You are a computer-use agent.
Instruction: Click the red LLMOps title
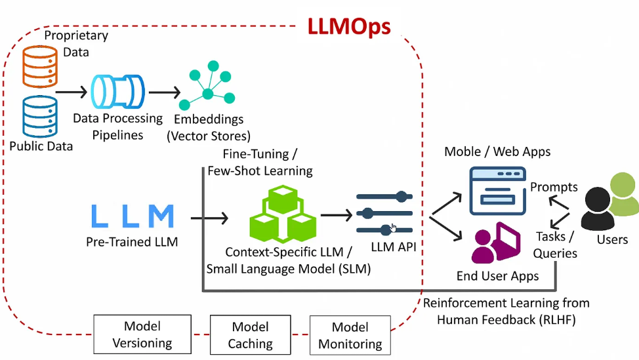coord(349,28)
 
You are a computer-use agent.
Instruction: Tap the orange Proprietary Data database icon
coord(40,66)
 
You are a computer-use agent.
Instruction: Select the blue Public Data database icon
coord(40,117)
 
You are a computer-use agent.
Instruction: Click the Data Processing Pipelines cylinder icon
coord(118,91)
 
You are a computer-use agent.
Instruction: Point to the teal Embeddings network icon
coord(207,85)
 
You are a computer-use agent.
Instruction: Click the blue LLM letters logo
coord(133,216)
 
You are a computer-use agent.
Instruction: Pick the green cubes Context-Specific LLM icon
coord(283,214)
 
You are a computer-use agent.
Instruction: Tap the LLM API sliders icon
coord(384,213)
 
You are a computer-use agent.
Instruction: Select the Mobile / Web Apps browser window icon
coord(497,191)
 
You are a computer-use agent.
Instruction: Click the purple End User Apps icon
coord(496,243)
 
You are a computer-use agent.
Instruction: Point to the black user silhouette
coord(598,209)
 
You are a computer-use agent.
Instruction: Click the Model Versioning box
coord(142,334)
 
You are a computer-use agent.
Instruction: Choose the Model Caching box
coord(250,334)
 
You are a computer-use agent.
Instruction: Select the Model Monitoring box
coord(350,335)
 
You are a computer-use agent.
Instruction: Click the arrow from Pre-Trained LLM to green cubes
coord(209,218)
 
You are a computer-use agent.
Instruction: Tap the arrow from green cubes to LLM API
coord(337,214)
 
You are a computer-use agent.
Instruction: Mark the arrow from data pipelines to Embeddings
coord(165,92)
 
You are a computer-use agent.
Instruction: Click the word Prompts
coord(554,187)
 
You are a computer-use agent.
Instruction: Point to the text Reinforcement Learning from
coord(506,303)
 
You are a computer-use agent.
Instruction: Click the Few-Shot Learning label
coord(260,170)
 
